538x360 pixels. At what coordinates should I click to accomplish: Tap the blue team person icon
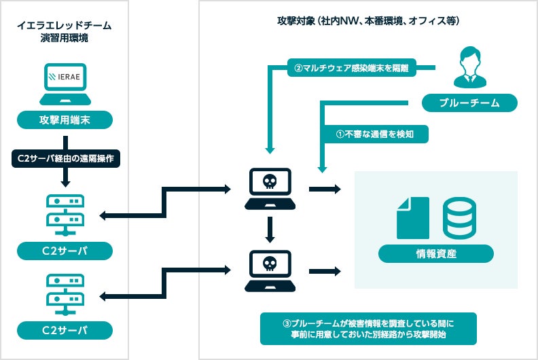469,67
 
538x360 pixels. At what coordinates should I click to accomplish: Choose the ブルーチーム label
469,103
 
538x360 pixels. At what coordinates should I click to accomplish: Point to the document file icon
412,217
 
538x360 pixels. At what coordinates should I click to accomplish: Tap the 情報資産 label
435,255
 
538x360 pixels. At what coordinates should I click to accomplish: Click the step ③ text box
368,328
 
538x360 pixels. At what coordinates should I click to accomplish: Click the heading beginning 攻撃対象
368,21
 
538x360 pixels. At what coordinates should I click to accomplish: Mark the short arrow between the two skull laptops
270,230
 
